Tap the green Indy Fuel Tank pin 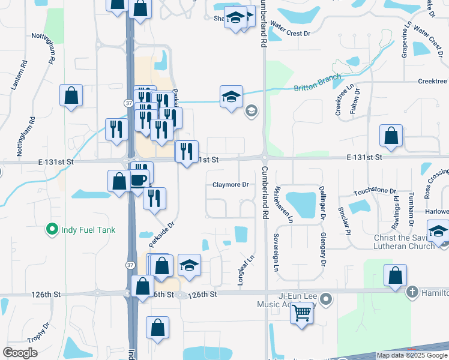pyautogui.click(x=52, y=229)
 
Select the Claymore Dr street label pyautogui.click(x=231, y=185)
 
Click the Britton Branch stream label pyautogui.click(x=317, y=83)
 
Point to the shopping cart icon pyautogui.click(x=302, y=312)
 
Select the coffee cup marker pyautogui.click(x=138, y=179)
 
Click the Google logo pyautogui.click(x=20, y=353)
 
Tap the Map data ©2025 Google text pyautogui.click(x=411, y=355)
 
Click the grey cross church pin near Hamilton pyautogui.click(x=412, y=292)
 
